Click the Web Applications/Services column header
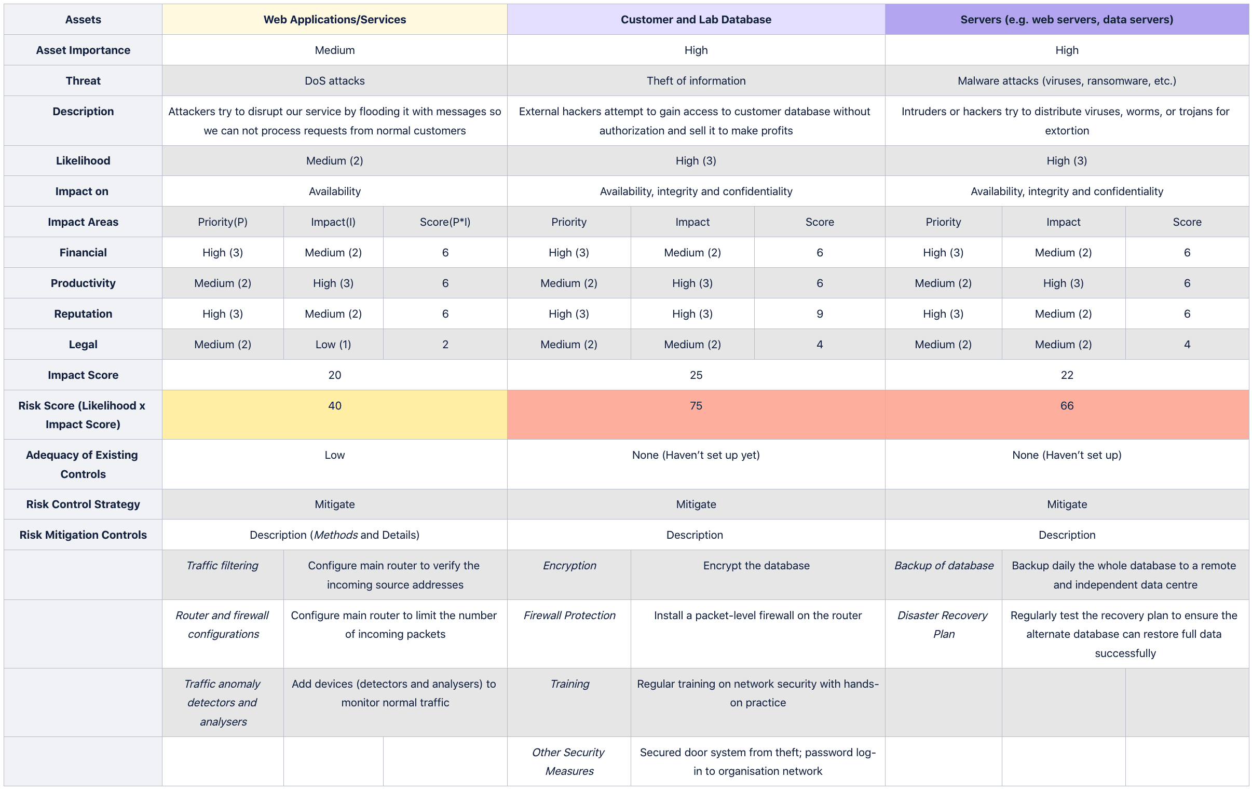click(x=334, y=20)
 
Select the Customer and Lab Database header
click(x=696, y=20)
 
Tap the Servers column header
click(x=1066, y=20)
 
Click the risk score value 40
click(x=334, y=406)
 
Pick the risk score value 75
click(x=696, y=406)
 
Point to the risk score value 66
click(x=1066, y=406)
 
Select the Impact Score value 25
click(x=696, y=375)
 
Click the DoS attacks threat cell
click(x=334, y=80)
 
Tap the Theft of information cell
click(x=696, y=80)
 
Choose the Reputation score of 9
click(x=820, y=313)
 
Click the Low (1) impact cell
click(x=333, y=344)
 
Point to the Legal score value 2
click(x=445, y=344)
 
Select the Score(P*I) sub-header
click(x=445, y=222)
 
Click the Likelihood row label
click(x=83, y=161)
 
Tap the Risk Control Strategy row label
click(x=83, y=504)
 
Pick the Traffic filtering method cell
click(x=222, y=565)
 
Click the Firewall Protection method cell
click(x=569, y=615)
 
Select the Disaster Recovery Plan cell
click(x=943, y=624)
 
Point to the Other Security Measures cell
click(x=569, y=761)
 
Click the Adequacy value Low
click(x=334, y=455)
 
